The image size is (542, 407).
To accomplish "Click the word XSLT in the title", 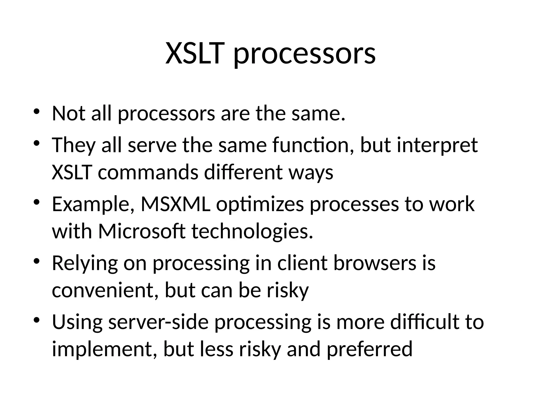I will [193, 54].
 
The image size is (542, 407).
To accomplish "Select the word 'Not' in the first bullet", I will [68, 113].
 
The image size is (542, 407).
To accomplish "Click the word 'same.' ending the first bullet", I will [318, 113].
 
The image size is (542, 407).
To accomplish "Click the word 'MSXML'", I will [176, 204].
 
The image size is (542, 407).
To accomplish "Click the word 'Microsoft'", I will [142, 231].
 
